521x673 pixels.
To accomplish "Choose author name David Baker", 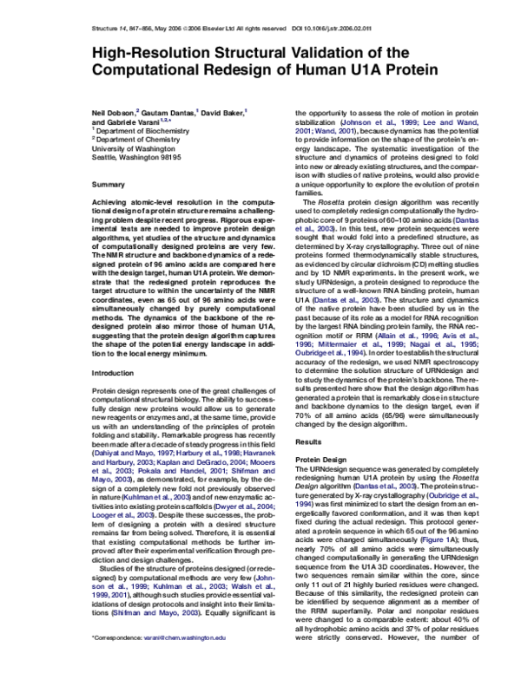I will pos(225,113).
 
